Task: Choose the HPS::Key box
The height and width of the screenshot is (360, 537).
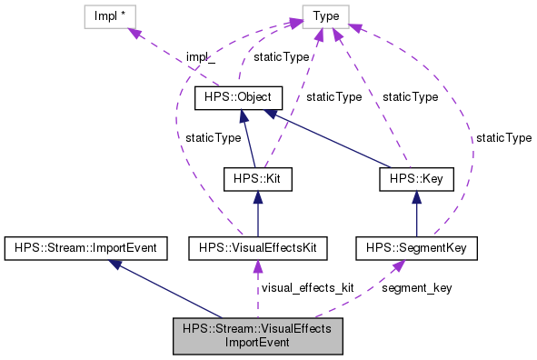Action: coord(416,179)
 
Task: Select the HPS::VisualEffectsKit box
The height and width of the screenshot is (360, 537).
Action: coord(257,246)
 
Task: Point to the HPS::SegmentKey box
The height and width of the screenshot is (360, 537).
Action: coord(416,246)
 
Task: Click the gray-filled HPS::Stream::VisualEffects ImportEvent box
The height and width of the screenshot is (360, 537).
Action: coord(257,335)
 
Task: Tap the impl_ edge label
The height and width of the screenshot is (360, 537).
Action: coord(201,55)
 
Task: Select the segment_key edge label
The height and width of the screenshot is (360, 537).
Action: coord(417,287)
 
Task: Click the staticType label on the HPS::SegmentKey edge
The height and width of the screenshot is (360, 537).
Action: coord(503,137)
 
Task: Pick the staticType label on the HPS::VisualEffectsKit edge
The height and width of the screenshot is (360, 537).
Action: coord(213,137)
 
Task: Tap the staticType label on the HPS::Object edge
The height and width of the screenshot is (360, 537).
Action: coord(280,56)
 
